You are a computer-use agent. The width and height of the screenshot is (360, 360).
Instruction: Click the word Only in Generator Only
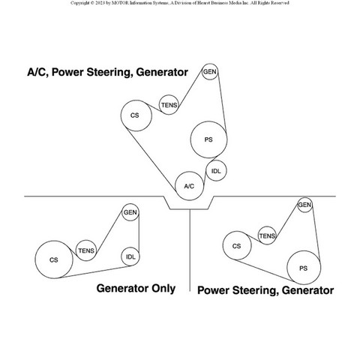(x=160, y=289)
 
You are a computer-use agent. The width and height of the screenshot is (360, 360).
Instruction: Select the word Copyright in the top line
(x=80, y=3)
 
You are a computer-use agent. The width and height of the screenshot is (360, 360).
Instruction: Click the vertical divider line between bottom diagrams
(x=190, y=250)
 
